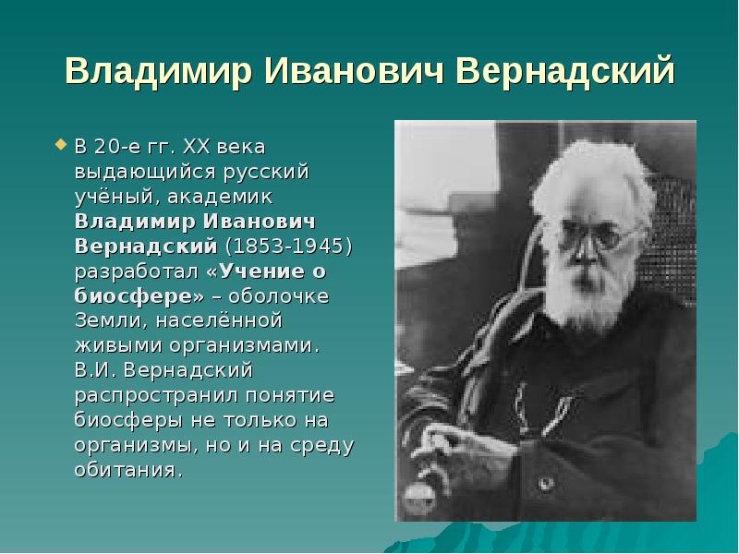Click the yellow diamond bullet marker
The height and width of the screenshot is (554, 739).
pyautogui.click(x=62, y=144)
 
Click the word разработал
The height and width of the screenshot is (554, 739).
pyautogui.click(x=136, y=271)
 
